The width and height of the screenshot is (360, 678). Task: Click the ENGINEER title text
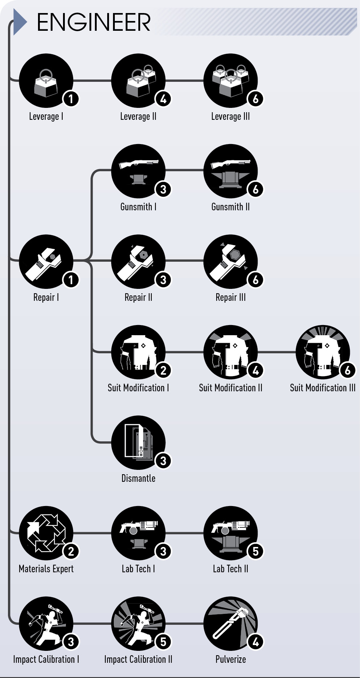coord(94,22)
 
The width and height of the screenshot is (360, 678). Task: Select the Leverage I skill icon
coord(46,81)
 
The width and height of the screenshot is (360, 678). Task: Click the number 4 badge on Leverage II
coord(163,98)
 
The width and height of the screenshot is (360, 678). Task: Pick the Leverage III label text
coord(231,117)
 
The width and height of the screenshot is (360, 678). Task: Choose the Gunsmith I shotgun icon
coord(138,171)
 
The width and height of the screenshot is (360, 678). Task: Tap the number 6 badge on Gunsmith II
coord(256,189)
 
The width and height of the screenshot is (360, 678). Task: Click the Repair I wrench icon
coord(46,262)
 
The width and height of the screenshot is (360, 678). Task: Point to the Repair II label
coord(138,298)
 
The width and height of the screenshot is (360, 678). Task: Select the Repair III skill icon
coord(231,262)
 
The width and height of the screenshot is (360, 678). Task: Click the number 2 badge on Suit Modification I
coord(163,370)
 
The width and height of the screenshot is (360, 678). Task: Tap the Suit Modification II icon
coord(231,352)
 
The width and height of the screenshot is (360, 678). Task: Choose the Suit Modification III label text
coord(323,388)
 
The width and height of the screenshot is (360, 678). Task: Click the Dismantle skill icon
coord(138,443)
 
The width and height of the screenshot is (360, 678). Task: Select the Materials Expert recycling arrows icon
coord(46,533)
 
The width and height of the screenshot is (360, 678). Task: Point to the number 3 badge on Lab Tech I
coord(163,551)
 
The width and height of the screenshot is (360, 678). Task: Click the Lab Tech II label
coord(231,569)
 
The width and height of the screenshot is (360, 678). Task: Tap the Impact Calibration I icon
coord(46,624)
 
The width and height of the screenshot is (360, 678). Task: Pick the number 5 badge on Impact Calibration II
coord(163,641)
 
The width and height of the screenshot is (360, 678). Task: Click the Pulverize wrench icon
coord(231,624)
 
